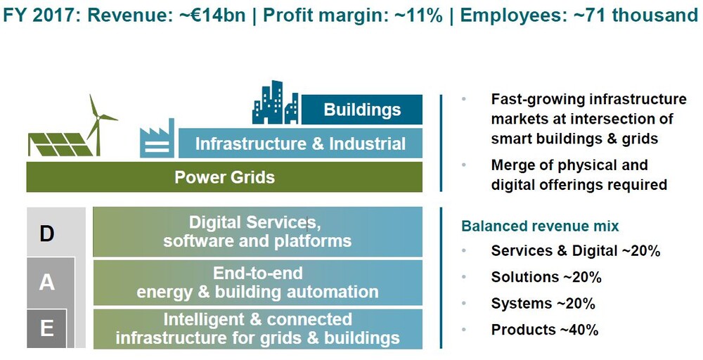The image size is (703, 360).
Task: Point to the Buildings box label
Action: pos(362,110)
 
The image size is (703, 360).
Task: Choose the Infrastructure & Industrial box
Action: pos(300,143)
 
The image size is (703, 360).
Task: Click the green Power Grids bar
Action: pos(224,177)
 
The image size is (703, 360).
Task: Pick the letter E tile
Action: pos(46,328)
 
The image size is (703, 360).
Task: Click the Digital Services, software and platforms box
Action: pos(257,232)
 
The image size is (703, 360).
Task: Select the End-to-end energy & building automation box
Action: pos(257,283)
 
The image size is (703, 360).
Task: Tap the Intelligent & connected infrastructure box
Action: pos(257,328)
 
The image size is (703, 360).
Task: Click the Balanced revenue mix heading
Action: pos(540,226)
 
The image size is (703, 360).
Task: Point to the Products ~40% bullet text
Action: pos(545,330)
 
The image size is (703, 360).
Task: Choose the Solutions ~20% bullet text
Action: pos(546,277)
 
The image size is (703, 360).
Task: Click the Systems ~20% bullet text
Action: pos(543,304)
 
